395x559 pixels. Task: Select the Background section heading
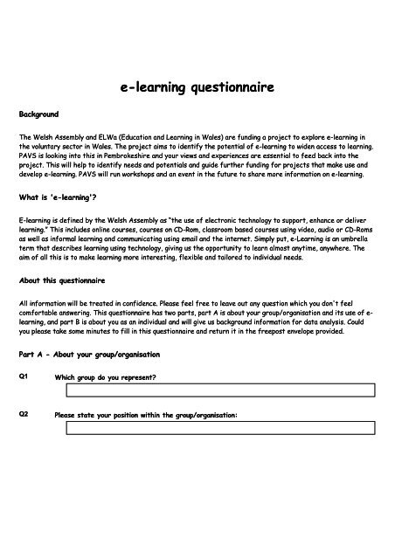click(x=38, y=114)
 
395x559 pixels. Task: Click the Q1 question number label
click(x=24, y=376)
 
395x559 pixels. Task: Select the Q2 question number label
click(x=24, y=415)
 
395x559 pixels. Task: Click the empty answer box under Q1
click(x=215, y=390)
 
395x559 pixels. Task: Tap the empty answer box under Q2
click(x=215, y=428)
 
